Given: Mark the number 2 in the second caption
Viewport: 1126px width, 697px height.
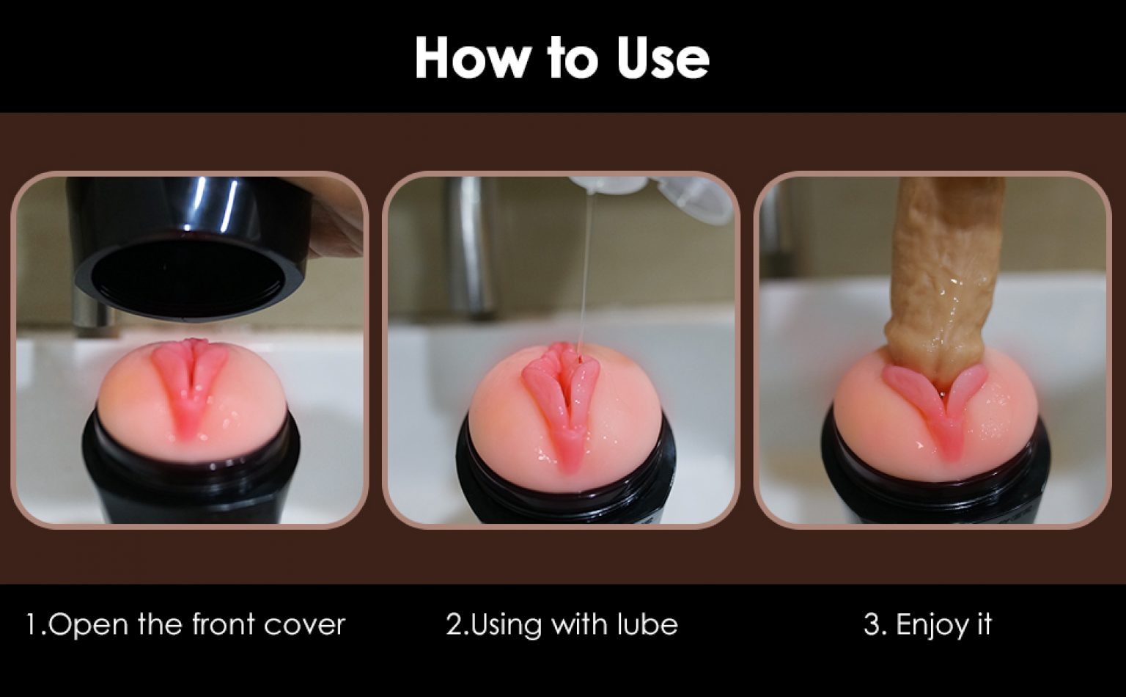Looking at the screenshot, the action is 455,624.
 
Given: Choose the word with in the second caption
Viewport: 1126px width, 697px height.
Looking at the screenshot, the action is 580,624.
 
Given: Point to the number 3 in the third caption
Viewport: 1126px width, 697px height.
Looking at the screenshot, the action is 872,624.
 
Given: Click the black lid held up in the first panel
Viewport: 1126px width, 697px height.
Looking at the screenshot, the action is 191,247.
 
